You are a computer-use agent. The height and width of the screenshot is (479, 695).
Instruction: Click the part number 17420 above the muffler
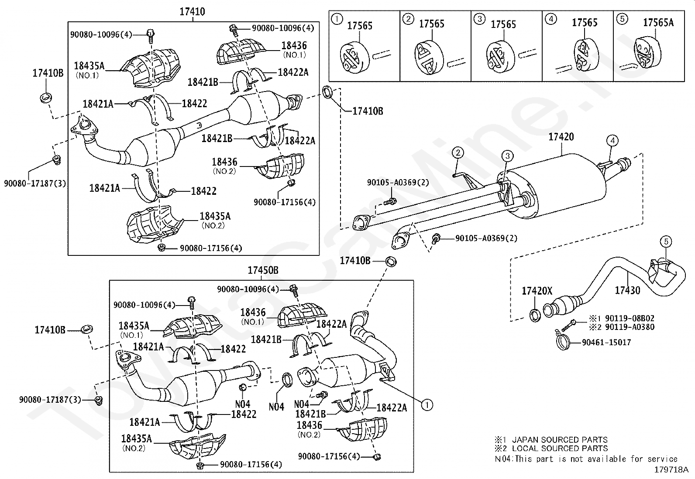coord(561,136)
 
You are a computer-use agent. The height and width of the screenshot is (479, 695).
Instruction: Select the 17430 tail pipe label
coord(627,290)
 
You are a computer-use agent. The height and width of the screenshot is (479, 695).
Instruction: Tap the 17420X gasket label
coord(537,291)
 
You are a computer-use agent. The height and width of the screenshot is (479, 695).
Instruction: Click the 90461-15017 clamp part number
coord(606,343)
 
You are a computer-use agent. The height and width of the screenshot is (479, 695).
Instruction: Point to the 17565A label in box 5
coord(658,22)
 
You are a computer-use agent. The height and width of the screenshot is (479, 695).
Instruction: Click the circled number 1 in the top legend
coord(337,19)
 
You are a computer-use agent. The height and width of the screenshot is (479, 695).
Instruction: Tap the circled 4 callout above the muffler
coord(612,141)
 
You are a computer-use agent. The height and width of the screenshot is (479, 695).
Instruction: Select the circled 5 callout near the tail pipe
coord(666,241)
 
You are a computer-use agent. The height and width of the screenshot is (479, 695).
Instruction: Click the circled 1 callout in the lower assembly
coord(427,405)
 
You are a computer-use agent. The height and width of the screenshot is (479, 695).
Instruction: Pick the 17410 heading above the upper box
coord(193,12)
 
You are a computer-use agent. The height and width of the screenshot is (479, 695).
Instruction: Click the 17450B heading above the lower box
coord(263,270)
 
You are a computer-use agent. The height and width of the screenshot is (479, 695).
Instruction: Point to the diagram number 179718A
coord(671,470)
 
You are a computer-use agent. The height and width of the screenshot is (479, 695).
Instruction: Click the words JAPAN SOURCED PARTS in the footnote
coord(560,440)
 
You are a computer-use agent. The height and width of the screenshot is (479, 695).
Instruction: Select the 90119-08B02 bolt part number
coord(630,318)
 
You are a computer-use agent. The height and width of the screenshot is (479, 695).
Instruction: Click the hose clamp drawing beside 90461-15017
coord(563,343)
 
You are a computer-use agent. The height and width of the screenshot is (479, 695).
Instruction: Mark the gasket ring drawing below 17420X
coord(535,315)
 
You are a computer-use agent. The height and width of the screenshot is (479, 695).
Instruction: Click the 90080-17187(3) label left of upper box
coord(35,184)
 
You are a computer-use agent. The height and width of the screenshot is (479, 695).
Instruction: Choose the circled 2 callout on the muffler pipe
coord(458,153)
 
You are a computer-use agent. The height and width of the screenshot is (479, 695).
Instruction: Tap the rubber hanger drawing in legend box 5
coord(647,53)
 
